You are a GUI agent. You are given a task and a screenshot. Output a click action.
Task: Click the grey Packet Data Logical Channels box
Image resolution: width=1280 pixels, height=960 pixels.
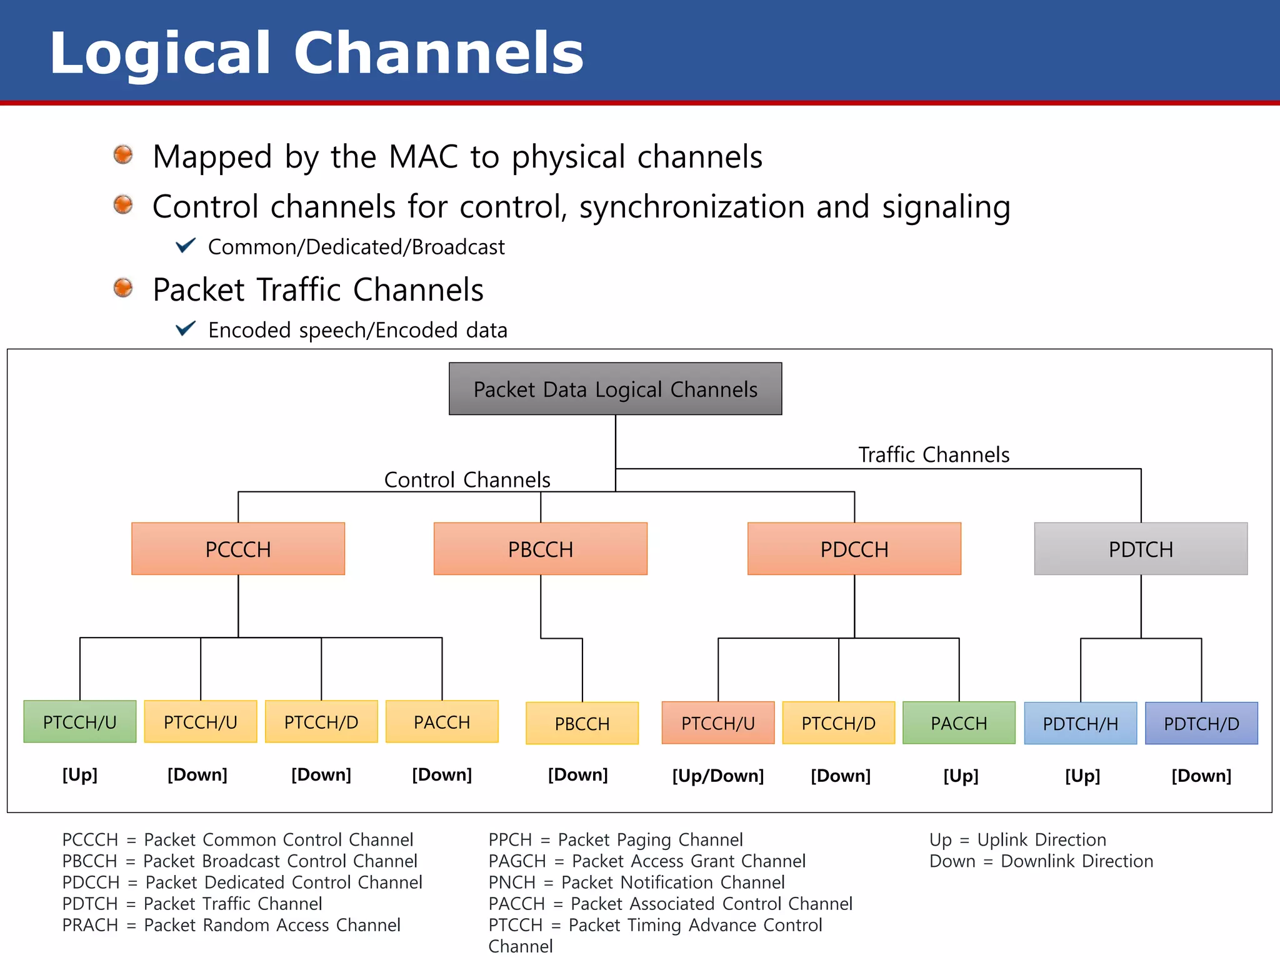615,389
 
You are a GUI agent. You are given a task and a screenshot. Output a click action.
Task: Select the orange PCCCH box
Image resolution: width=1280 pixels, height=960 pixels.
238,549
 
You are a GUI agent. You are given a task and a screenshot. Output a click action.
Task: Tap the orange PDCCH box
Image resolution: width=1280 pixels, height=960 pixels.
854,549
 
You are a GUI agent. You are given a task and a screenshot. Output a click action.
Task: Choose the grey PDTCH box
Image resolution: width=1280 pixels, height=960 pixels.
1141,549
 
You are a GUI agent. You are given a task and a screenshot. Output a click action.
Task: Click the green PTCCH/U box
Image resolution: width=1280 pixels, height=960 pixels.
80,722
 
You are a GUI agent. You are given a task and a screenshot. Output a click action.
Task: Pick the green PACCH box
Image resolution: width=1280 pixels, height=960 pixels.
959,723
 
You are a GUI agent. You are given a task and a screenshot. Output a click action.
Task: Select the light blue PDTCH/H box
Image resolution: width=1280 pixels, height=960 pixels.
1080,724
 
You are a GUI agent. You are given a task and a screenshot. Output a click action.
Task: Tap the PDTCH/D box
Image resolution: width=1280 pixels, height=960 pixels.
1201,724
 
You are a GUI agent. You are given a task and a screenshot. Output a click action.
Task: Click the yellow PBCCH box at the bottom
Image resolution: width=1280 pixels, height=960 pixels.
582,724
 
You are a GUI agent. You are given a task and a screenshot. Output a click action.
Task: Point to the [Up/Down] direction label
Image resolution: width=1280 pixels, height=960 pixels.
718,776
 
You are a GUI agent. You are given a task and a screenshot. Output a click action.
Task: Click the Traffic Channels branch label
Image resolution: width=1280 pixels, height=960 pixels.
934,454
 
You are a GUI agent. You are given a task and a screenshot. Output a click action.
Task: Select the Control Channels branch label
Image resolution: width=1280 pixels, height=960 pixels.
467,479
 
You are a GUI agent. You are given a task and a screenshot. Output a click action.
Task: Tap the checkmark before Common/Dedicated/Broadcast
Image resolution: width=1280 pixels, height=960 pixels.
186,246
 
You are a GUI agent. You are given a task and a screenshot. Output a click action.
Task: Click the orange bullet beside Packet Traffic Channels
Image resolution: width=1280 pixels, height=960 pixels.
123,288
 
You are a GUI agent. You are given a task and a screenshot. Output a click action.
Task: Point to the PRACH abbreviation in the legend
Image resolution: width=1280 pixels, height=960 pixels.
90,925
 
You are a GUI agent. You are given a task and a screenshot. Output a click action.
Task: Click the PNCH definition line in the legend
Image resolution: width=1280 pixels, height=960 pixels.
636,882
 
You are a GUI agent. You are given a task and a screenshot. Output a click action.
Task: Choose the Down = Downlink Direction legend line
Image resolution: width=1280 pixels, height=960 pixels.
1041,861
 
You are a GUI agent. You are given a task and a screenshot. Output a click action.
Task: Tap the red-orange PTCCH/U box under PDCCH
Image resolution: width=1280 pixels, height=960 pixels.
718,723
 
